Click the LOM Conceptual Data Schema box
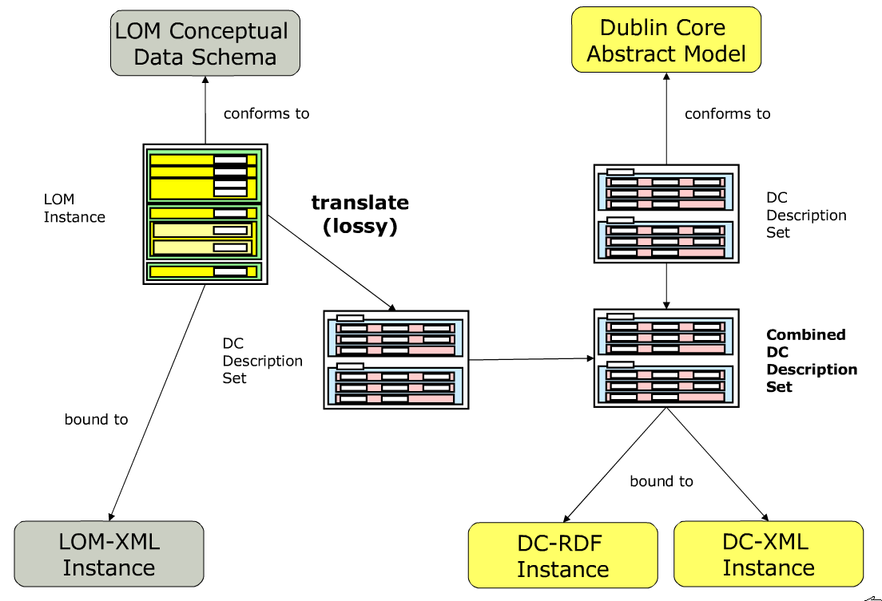tap(205, 43)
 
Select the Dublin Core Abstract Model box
tap(666, 40)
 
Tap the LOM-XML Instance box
tap(109, 555)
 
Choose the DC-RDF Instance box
tap(562, 556)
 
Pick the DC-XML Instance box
tap(769, 555)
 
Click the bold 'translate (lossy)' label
tap(360, 214)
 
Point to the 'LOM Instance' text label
tap(74, 208)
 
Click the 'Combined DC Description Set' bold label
tap(811, 361)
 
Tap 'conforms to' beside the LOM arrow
tap(266, 113)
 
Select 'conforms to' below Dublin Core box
tap(727, 114)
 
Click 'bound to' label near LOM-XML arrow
tap(96, 419)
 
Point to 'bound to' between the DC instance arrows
tap(661, 481)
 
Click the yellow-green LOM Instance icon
tap(205, 214)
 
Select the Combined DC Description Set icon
tap(665, 358)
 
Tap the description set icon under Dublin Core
tap(665, 214)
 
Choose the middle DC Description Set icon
tap(395, 360)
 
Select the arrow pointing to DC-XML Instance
tap(716, 464)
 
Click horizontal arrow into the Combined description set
tap(531, 359)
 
